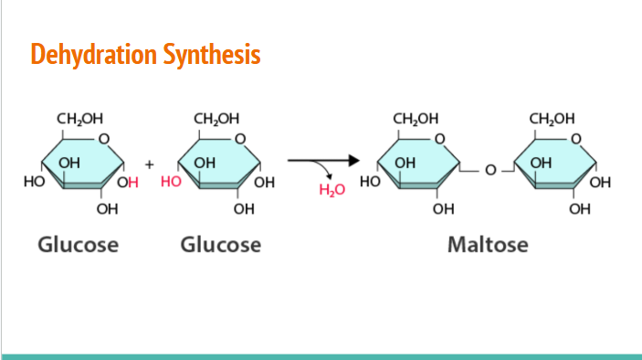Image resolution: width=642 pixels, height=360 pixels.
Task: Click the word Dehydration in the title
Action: click(81, 55)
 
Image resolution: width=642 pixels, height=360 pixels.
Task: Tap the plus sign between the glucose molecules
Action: click(149, 165)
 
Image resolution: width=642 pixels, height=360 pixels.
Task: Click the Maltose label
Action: click(488, 245)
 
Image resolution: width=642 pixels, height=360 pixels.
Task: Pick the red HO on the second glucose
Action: click(171, 182)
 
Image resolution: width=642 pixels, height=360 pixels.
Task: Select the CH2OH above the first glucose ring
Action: click(79, 119)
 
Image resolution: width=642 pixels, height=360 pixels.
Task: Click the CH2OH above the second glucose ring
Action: click(217, 119)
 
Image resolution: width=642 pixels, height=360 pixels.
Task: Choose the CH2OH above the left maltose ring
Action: click(416, 119)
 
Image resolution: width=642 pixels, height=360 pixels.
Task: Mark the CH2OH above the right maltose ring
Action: click(553, 119)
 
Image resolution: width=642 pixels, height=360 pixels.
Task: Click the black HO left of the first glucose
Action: click(33, 182)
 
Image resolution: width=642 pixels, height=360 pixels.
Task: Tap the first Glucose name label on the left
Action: click(78, 245)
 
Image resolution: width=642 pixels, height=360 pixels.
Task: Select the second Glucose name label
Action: click(220, 245)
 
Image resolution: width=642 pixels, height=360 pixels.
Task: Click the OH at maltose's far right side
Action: click(601, 182)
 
